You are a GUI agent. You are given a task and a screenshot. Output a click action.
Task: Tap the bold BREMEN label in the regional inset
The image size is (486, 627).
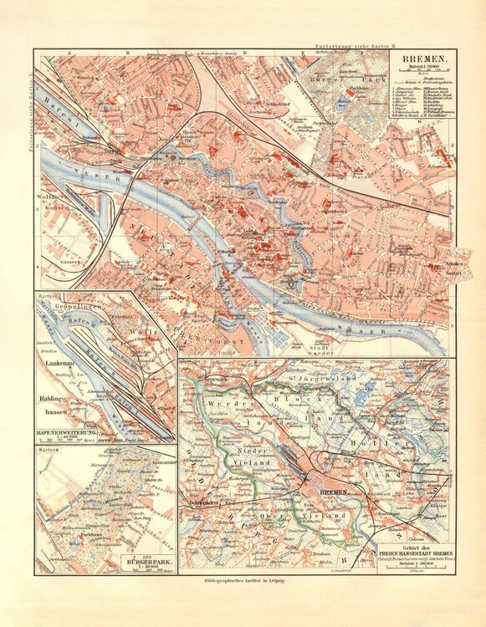325,494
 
